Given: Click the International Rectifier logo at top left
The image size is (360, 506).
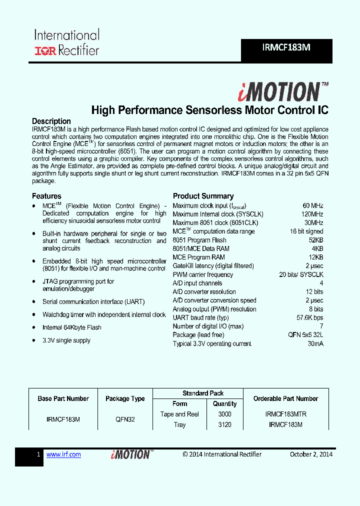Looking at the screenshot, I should pyautogui.click(x=66, y=42).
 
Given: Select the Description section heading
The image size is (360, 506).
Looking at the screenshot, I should pyautogui.click(x=51, y=121).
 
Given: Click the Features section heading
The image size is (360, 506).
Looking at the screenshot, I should pyautogui.click(x=46, y=196).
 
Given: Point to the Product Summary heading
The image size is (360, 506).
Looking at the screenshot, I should pyautogui.click(x=203, y=196).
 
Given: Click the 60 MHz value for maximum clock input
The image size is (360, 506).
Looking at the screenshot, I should pyautogui.click(x=312, y=206).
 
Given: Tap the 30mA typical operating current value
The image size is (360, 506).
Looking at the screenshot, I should pyautogui.click(x=315, y=343).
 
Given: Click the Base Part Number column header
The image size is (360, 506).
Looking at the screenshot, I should pyautogui.click(x=63, y=399).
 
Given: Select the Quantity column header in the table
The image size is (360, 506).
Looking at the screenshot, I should pyautogui.click(x=224, y=404).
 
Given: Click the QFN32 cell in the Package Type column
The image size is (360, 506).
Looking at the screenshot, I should pyautogui.click(x=124, y=419).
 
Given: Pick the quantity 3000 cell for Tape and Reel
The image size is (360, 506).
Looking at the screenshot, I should pyautogui.click(x=224, y=414).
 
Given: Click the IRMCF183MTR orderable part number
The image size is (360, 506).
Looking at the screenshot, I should pyautogui.click(x=285, y=414).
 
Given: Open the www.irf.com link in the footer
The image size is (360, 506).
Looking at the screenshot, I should pyautogui.click(x=63, y=454).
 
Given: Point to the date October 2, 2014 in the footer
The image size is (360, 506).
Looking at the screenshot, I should pyautogui.click(x=311, y=454).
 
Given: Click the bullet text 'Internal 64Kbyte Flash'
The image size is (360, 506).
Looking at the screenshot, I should pyautogui.click(x=71, y=327).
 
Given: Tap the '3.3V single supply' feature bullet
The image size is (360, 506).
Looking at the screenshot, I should pyautogui.click(x=66, y=340).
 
